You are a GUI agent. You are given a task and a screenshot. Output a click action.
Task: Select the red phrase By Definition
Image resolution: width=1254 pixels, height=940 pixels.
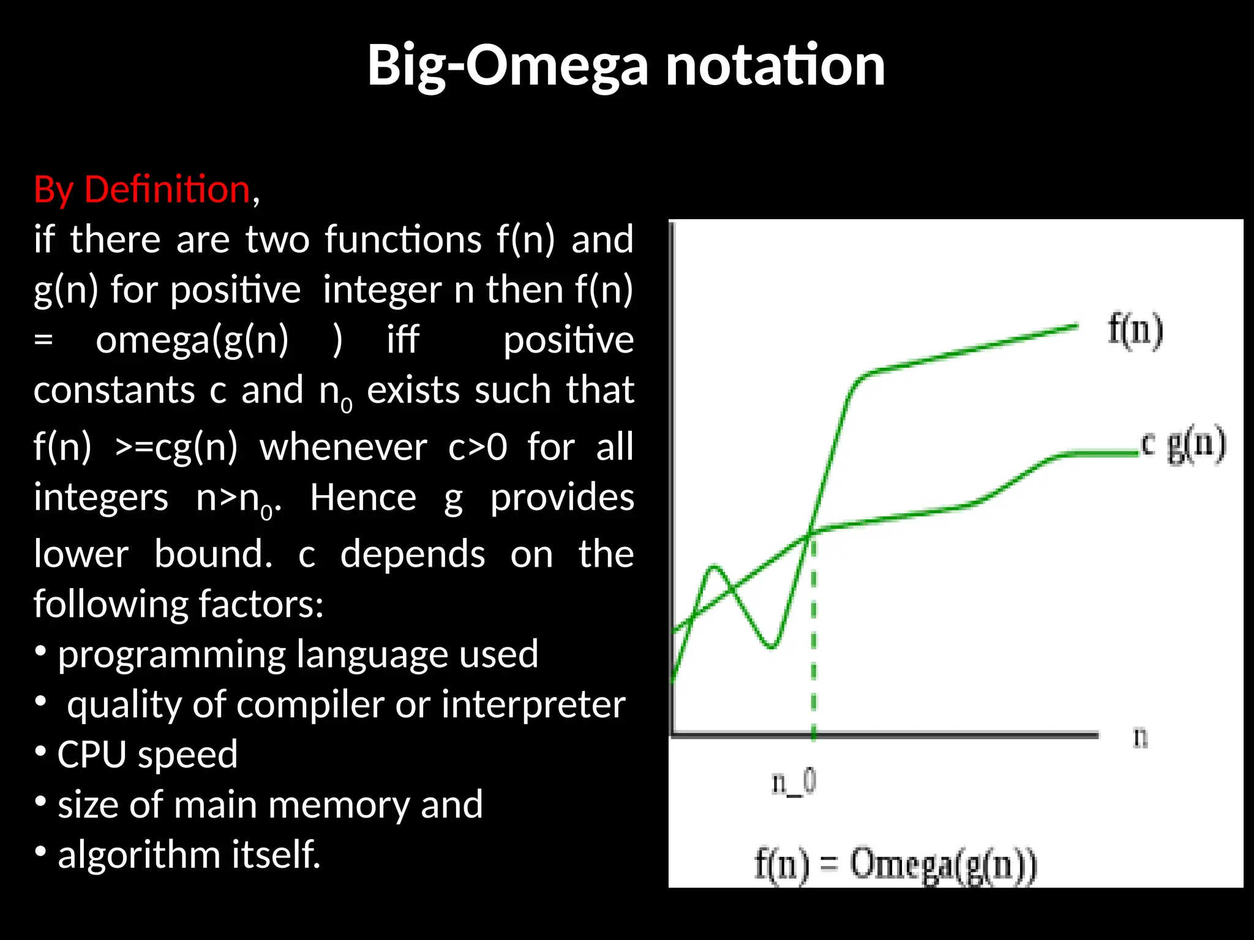[142, 189]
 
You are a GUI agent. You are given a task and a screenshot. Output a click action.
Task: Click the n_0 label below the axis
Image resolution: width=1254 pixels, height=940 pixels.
[794, 783]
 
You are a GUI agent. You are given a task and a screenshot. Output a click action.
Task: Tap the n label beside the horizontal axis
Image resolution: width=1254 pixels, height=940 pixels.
[1139, 737]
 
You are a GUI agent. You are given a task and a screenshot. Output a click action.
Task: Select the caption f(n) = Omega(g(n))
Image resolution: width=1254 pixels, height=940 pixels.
[895, 864]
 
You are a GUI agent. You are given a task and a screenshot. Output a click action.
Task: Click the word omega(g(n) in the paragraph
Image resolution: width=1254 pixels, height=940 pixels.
[192, 340]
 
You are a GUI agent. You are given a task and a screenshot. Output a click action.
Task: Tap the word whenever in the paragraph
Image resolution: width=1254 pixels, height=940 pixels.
[343, 447]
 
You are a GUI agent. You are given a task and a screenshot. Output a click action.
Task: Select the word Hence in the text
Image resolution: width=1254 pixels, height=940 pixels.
[362, 497]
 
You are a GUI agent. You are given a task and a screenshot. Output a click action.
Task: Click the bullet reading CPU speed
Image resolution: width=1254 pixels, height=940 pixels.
[147, 754]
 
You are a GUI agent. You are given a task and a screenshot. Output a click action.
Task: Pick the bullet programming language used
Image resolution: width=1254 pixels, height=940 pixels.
[298, 654]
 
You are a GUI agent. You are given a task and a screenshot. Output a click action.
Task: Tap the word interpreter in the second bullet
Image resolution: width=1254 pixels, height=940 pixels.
[533, 704]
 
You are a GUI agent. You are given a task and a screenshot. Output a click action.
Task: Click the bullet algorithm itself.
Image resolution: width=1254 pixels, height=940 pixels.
[189, 854]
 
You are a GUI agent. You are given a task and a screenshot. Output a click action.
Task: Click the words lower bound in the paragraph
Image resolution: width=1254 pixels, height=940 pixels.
[153, 554]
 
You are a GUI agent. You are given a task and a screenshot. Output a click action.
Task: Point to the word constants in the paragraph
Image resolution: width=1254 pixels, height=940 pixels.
[114, 390]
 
